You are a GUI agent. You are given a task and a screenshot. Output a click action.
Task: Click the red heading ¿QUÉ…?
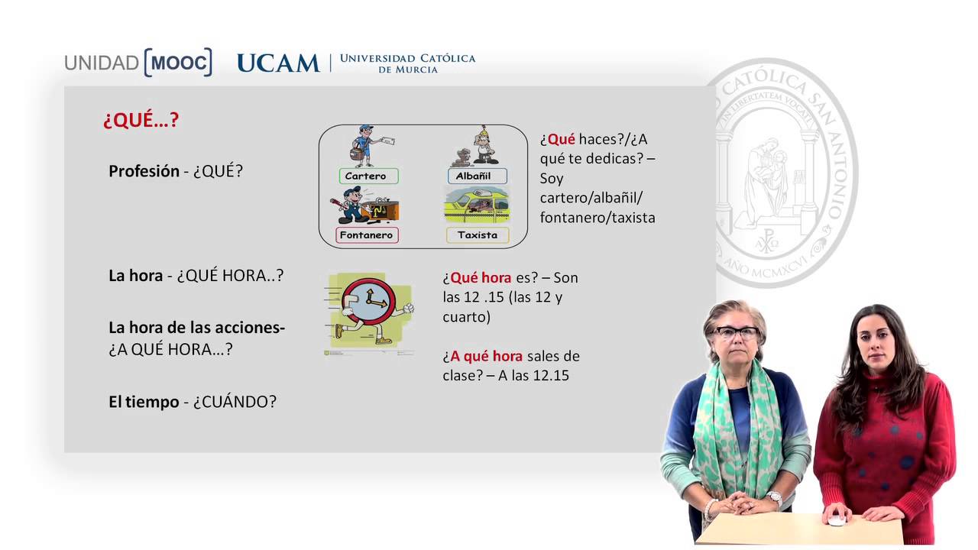(141, 120)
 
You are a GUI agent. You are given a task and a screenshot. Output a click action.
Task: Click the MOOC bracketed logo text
(177, 63)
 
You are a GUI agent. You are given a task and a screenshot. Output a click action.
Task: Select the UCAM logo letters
(278, 63)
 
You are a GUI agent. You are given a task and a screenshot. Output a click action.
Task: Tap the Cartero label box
(366, 176)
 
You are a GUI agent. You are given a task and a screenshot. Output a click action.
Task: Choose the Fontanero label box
(366, 235)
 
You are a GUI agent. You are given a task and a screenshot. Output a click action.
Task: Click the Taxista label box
(478, 235)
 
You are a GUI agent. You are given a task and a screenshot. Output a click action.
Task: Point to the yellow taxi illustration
(477, 205)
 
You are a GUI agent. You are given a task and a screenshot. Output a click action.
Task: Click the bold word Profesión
(144, 171)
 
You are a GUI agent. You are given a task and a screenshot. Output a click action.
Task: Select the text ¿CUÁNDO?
(235, 402)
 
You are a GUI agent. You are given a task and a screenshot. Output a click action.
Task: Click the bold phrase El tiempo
(144, 402)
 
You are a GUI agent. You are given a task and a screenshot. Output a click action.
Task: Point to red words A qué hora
(486, 356)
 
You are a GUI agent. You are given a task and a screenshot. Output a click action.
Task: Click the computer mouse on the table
(837, 521)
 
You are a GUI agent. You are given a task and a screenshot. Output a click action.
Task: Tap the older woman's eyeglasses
(736, 333)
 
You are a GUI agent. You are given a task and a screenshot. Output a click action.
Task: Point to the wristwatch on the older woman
(774, 497)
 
